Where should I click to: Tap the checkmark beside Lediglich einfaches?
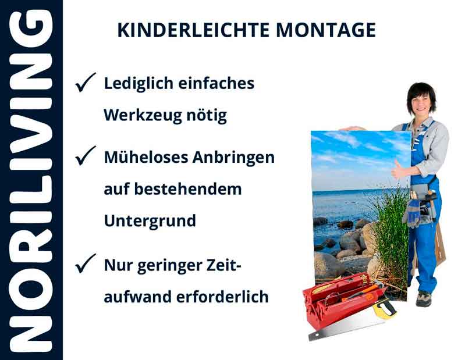pyautogui.click(x=86, y=84)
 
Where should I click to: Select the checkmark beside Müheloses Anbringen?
pyautogui.click(x=86, y=157)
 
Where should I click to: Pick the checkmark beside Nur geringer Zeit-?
pyautogui.click(x=86, y=266)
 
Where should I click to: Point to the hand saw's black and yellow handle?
pyautogui.click(x=384, y=309)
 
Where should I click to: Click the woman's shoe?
pyautogui.click(x=423, y=298)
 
